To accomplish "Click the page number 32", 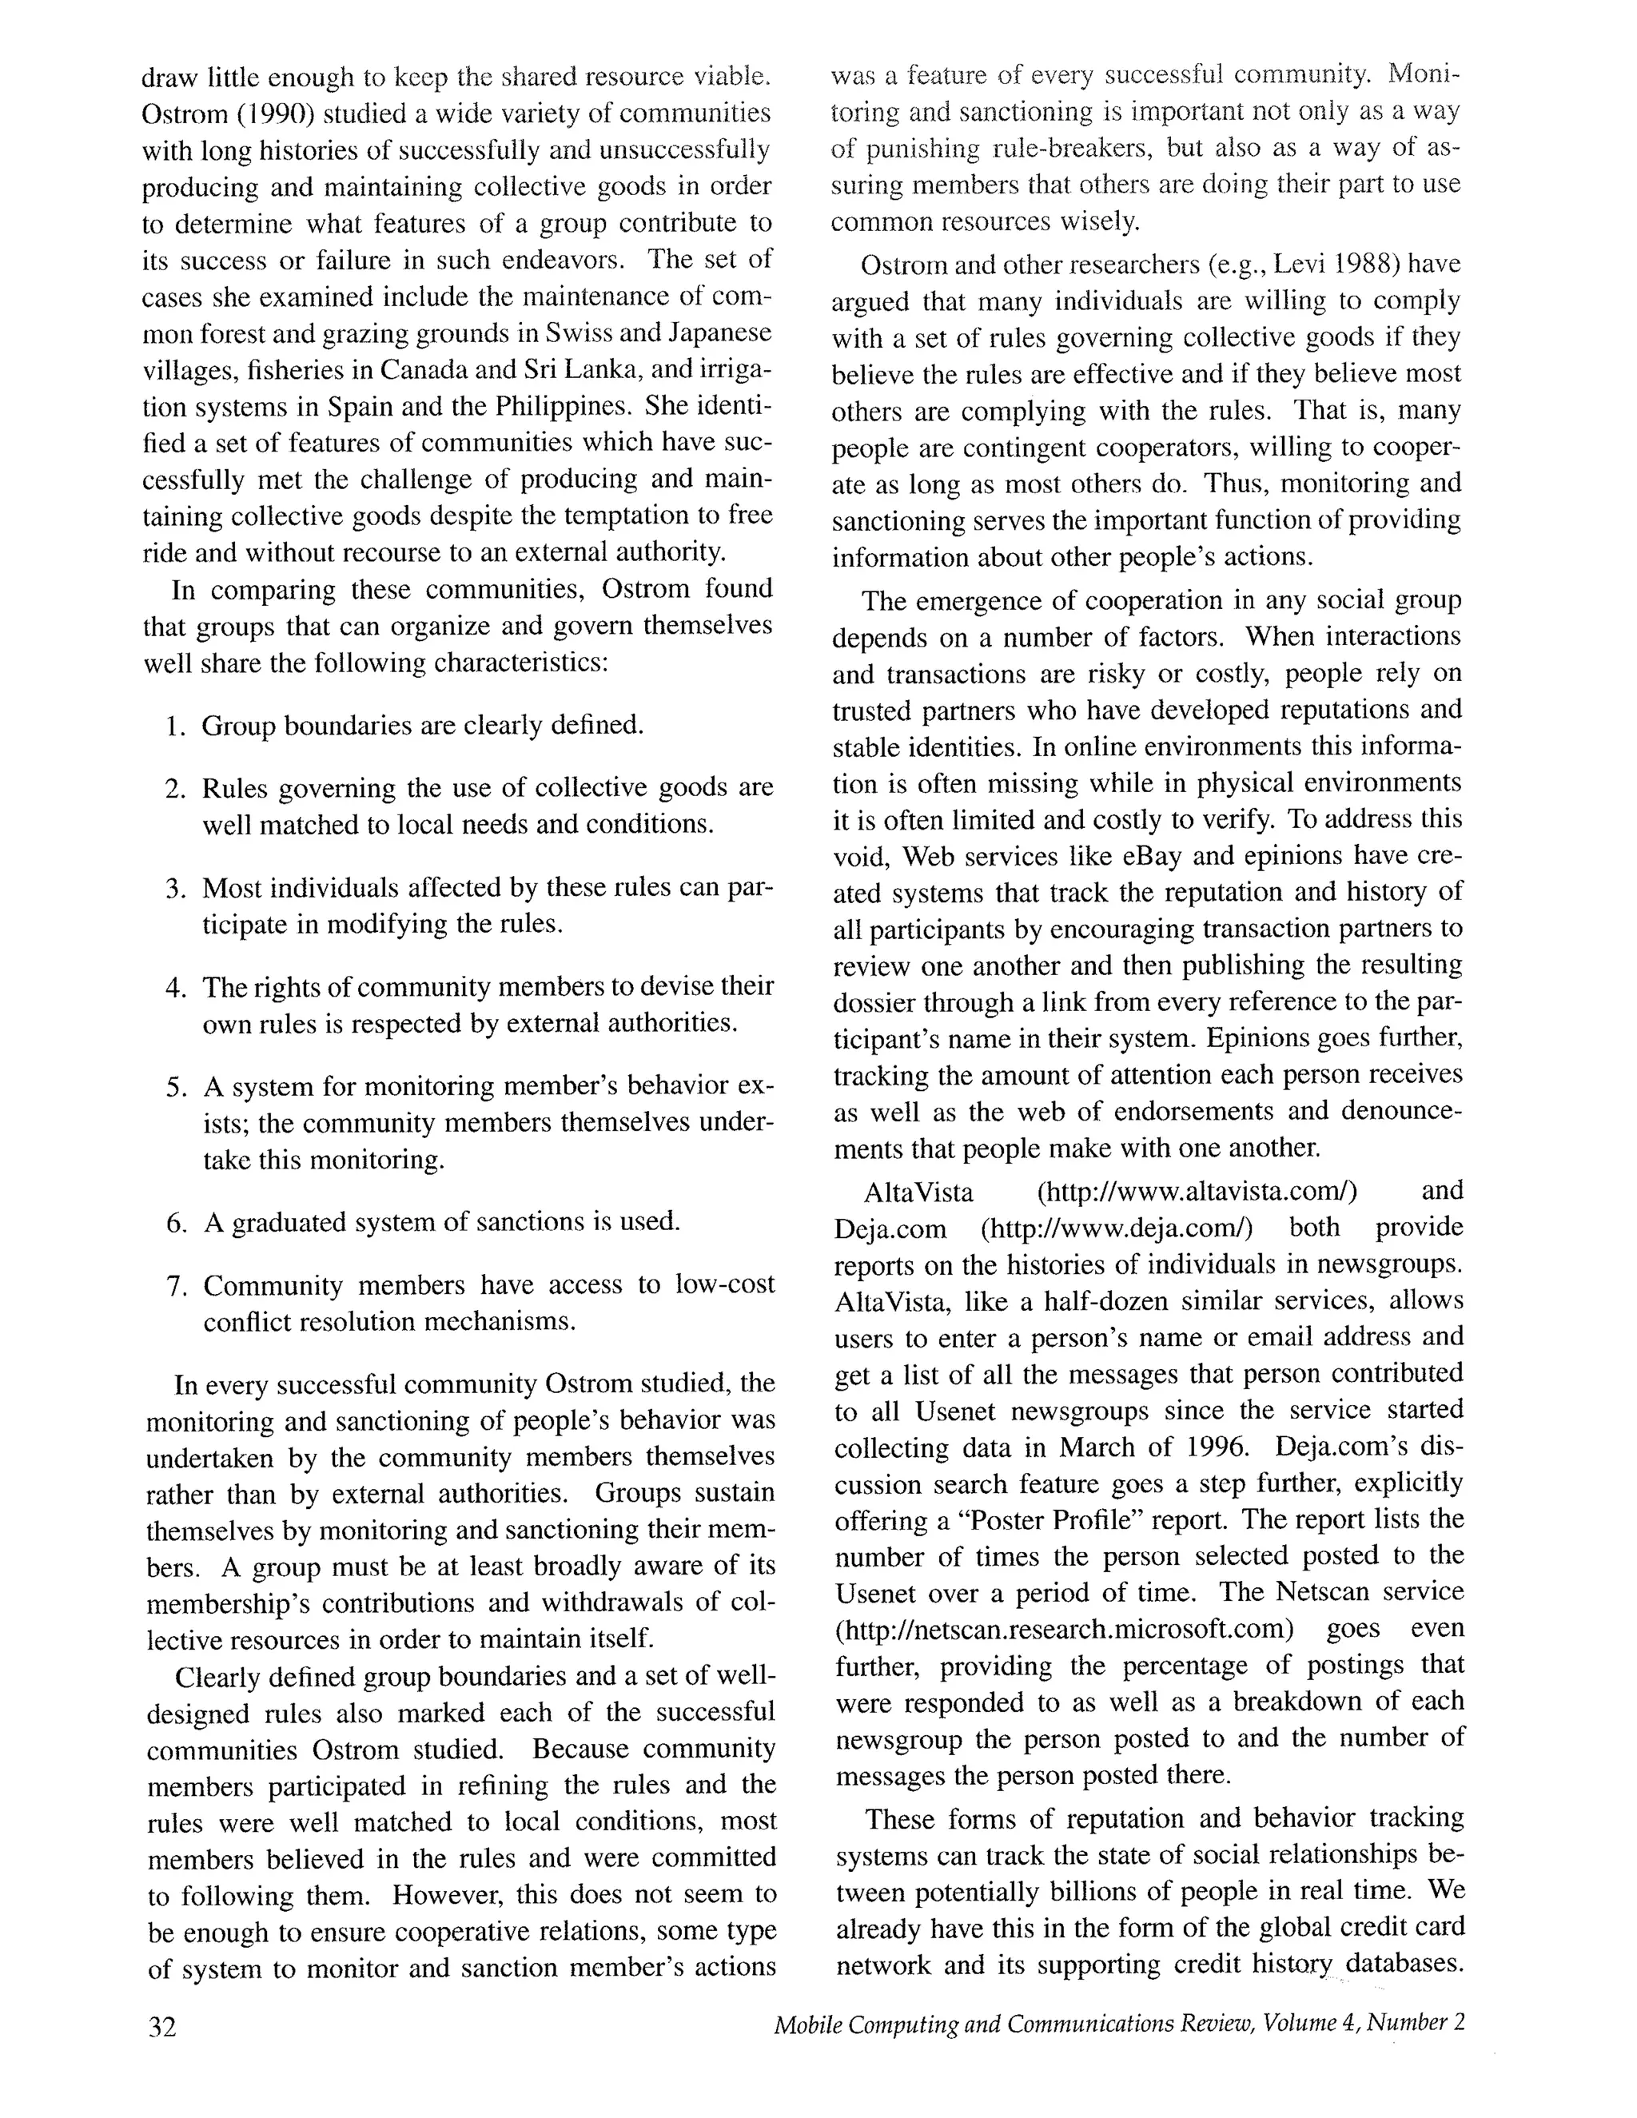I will [162, 2028].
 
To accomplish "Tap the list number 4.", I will [176, 988].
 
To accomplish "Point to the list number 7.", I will [177, 1287].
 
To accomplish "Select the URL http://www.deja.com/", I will [1116, 1228].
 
